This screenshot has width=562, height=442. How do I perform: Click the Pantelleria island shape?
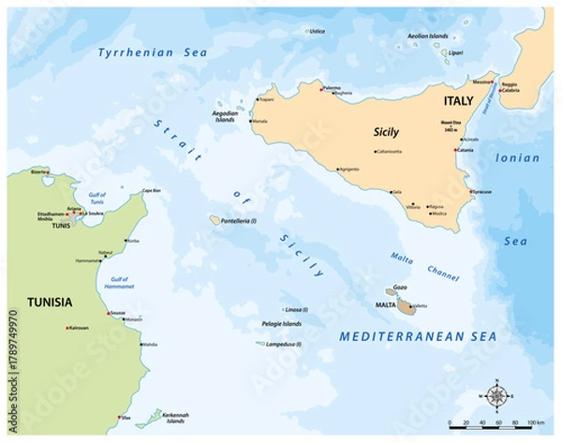tap(214, 220)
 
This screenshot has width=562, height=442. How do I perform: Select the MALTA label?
tap(383, 304)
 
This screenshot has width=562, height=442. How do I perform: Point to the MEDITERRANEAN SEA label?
tap(419, 334)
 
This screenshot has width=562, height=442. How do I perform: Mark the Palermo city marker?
tap(321, 89)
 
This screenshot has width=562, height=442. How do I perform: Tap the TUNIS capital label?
tap(62, 226)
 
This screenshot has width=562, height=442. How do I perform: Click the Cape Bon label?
tap(153, 191)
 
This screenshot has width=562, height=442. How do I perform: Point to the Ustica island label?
tap(318, 31)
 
